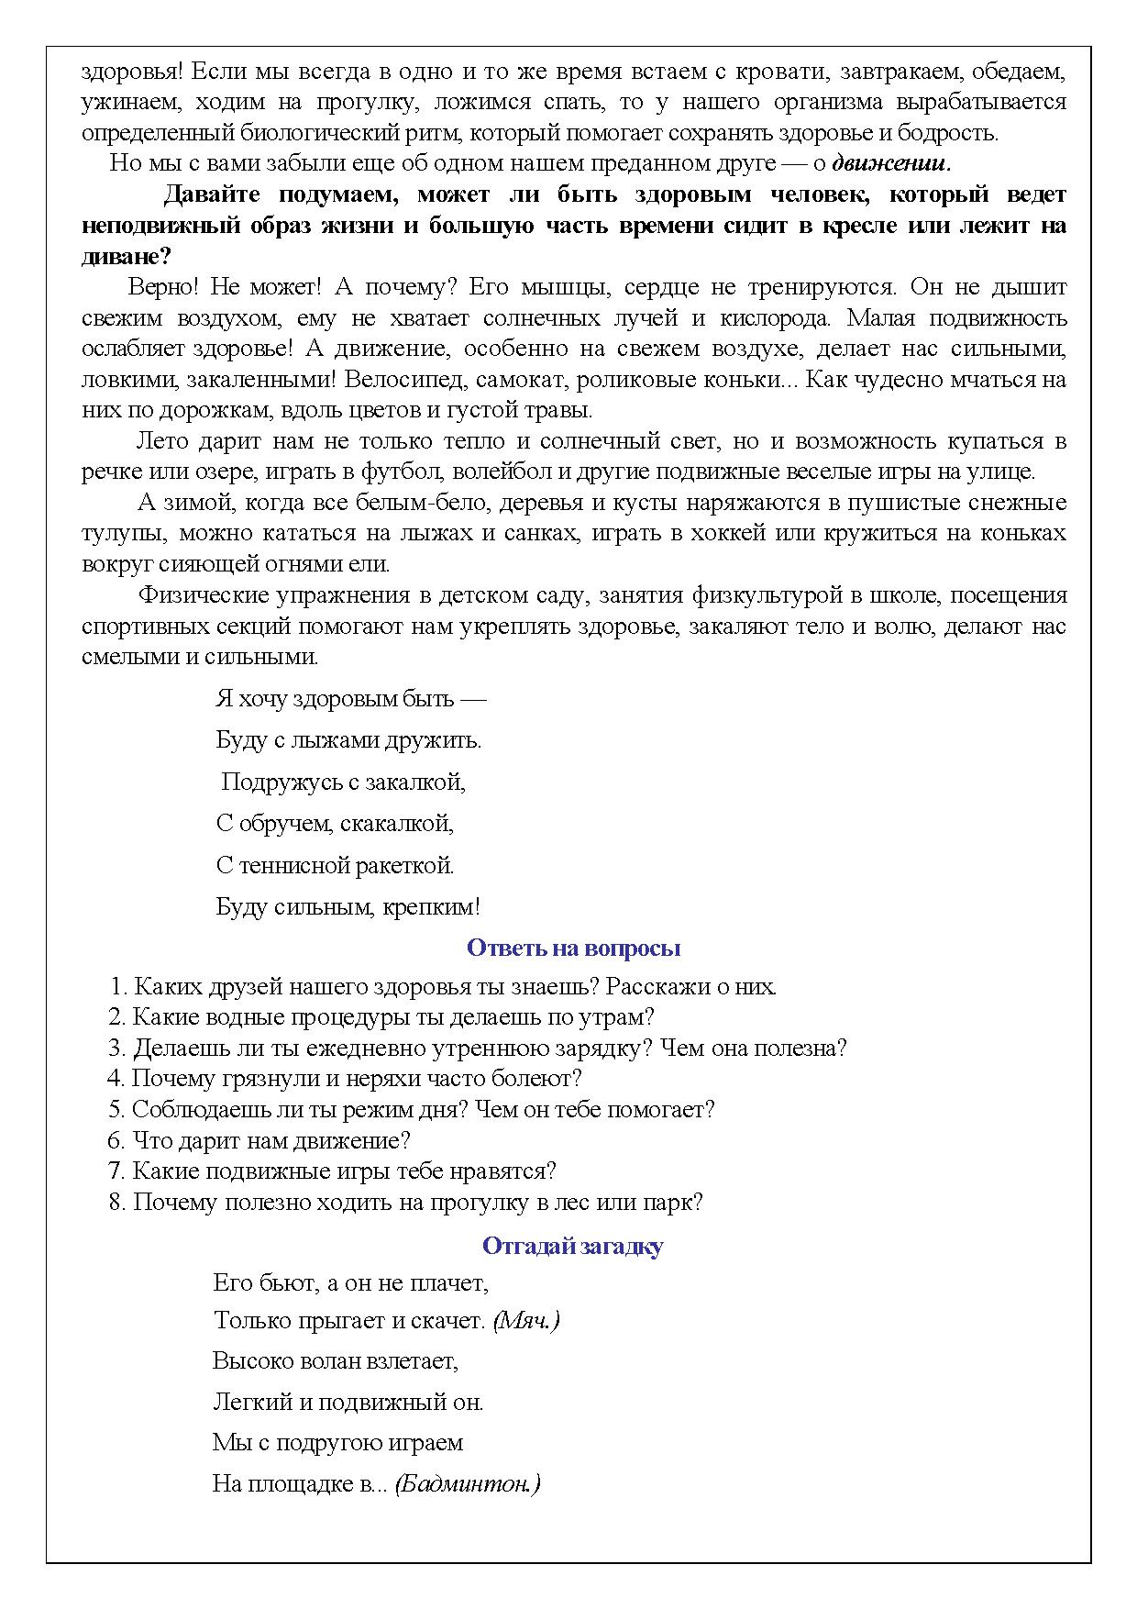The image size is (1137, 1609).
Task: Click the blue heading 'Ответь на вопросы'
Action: (573, 948)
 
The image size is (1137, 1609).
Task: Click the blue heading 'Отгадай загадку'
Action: (572, 1246)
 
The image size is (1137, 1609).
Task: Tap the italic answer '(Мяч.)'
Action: (525, 1320)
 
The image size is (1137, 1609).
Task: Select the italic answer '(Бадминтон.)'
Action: (467, 1483)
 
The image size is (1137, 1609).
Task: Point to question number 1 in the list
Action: (442, 987)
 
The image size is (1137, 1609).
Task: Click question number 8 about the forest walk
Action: (405, 1202)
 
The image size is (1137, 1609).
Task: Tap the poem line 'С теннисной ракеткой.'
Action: (336, 865)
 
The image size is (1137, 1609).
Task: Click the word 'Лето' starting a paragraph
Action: (162, 441)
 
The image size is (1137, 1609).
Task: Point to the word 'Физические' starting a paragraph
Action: (196, 595)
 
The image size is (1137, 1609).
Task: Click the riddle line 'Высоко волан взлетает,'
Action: (336, 1359)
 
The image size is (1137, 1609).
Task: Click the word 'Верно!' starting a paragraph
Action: (163, 287)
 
